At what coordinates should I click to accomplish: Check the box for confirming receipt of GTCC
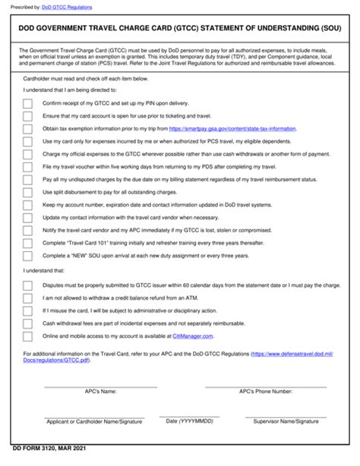[28, 102]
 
